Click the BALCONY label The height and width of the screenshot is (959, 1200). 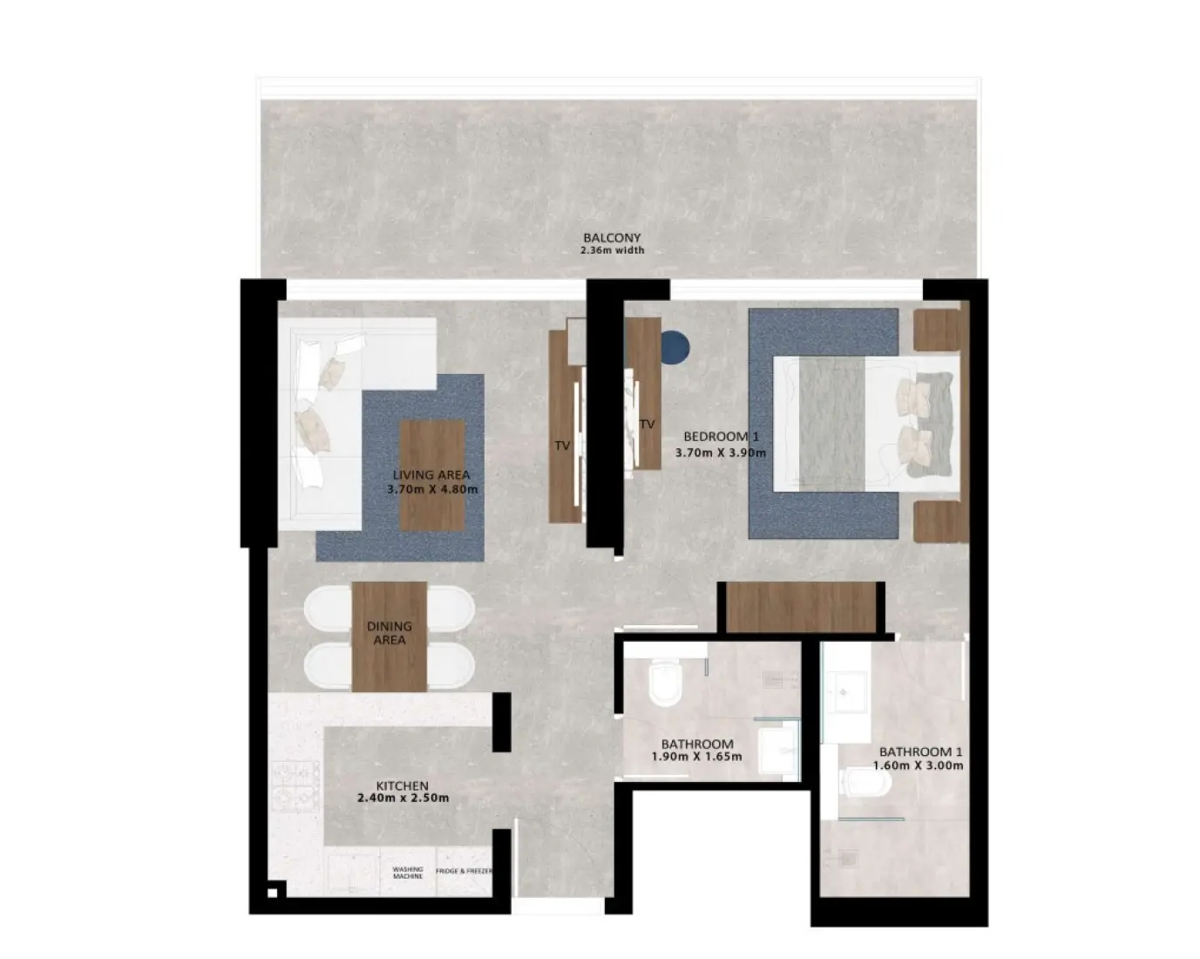click(612, 237)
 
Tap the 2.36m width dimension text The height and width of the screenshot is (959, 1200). click(612, 250)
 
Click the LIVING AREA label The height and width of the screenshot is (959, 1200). click(431, 475)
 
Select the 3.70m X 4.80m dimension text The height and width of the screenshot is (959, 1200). click(432, 489)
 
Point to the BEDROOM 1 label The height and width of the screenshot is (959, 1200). click(715, 437)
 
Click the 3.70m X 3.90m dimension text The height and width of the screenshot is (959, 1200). click(721, 452)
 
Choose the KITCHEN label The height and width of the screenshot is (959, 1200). click(402, 786)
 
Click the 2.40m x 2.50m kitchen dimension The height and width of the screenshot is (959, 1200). click(403, 798)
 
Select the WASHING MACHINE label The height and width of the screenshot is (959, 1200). click(407, 872)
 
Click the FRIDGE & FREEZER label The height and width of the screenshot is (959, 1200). click(464, 871)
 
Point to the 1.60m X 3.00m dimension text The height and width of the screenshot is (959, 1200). click(919, 765)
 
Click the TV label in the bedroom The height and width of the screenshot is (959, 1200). click(647, 425)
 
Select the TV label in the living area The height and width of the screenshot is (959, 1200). click(562, 445)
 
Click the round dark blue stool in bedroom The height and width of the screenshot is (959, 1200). click(675, 346)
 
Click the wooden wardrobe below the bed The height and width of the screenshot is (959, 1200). click(801, 606)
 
